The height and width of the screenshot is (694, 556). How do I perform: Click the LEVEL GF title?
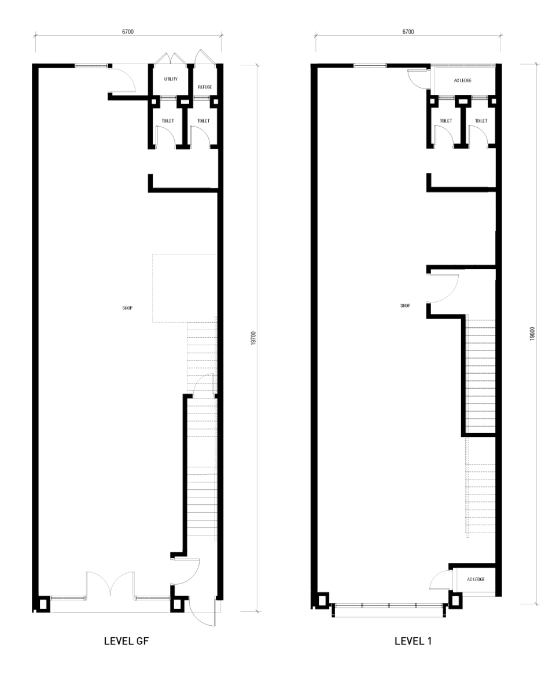coord(127,641)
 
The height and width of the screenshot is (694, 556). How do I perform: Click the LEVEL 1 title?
coord(413,641)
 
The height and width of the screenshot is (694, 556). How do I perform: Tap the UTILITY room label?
coord(171,79)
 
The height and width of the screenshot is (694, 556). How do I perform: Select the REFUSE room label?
coord(205,87)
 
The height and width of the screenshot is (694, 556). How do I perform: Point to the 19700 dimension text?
coord(253,338)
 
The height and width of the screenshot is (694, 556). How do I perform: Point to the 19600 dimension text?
coord(532,334)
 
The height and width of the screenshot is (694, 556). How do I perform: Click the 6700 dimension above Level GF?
coord(128,32)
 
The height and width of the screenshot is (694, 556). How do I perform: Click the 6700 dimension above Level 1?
coord(408,32)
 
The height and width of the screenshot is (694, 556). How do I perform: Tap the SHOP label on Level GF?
coord(127,308)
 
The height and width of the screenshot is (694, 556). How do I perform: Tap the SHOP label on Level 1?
coord(406,306)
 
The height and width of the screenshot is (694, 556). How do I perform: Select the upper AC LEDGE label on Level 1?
coord(462,80)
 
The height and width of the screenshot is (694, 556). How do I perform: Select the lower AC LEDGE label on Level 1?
coord(476,579)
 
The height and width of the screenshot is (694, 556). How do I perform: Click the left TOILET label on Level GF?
coord(168,121)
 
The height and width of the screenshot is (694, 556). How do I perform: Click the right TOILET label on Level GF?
coord(203,121)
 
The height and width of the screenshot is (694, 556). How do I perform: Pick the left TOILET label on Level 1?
coord(445,121)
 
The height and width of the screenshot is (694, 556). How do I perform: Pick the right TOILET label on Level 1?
coord(481,121)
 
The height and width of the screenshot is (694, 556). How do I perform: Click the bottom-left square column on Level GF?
coord(43,604)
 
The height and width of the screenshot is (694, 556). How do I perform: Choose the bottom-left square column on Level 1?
coord(322,600)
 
